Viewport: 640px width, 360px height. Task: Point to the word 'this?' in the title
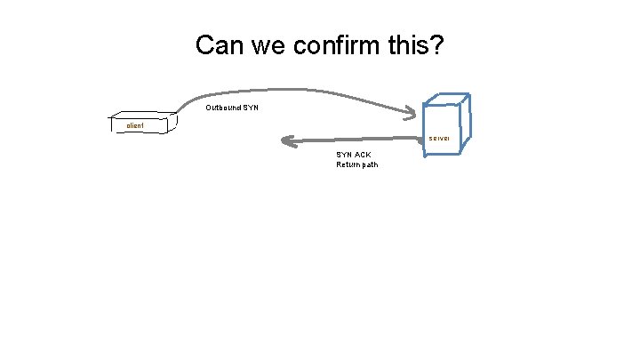pos(416,44)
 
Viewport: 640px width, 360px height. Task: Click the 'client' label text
pos(135,126)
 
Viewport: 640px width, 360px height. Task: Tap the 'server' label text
pos(439,139)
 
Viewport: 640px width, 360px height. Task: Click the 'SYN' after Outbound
pos(251,108)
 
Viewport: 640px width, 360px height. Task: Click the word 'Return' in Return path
pos(348,164)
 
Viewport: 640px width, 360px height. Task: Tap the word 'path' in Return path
pos(369,164)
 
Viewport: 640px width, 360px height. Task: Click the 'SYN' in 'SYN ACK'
pos(343,155)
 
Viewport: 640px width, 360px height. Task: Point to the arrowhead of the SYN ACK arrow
pos(285,140)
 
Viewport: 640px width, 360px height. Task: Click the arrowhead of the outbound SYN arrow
pos(412,112)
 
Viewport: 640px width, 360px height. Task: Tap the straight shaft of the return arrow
pos(356,140)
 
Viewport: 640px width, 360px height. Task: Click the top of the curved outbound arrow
pos(293,89)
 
